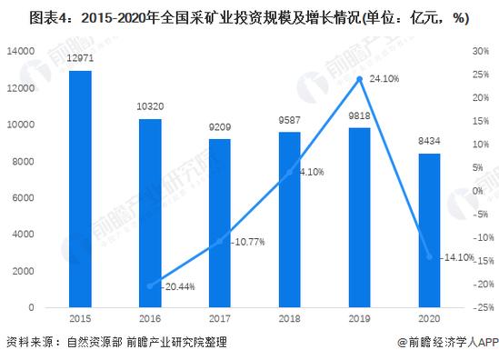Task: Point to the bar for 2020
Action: coord(429,231)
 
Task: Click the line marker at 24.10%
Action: coord(359,79)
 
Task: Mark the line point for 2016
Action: coord(150,285)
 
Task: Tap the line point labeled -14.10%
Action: coord(429,256)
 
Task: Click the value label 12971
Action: coord(80,60)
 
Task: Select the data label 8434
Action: coord(429,144)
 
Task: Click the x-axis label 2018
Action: coord(289,319)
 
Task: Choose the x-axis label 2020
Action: coord(429,319)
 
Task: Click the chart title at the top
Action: coord(249,15)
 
